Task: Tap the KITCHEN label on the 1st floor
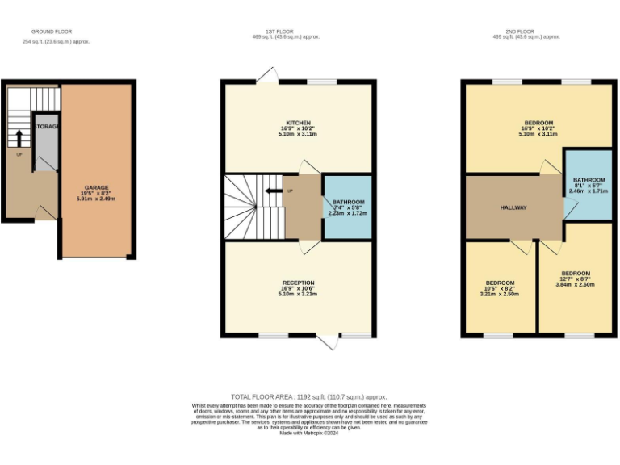point(298,124)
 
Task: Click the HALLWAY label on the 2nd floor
point(513,207)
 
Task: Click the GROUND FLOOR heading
point(42,33)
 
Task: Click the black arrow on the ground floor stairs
point(18,136)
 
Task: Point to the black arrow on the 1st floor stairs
point(274,191)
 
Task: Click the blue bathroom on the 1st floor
point(348,207)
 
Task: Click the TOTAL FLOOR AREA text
point(309,397)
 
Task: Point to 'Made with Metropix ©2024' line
point(309,434)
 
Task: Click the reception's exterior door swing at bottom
point(327,342)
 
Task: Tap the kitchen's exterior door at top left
point(265,74)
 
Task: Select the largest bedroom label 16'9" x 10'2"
point(538,128)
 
